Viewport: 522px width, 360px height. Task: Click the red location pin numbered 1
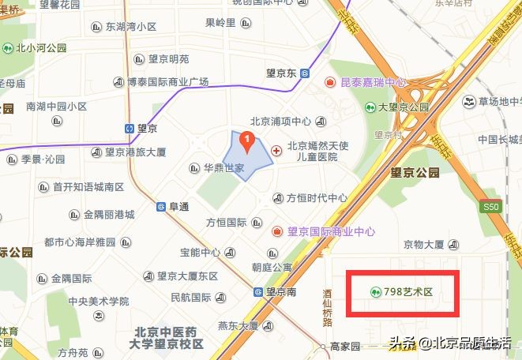247,143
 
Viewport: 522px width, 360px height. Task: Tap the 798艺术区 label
409,292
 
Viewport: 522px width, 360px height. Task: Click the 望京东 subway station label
281,73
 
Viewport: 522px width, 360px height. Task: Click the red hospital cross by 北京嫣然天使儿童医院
276,151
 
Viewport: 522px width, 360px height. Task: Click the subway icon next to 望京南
258,291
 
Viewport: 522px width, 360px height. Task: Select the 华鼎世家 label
224,168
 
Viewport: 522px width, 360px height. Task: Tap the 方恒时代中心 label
316,197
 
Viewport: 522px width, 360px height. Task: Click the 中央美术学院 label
98,301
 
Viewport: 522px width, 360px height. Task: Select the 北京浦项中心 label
280,122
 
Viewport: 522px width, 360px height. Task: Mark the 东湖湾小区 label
130,26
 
